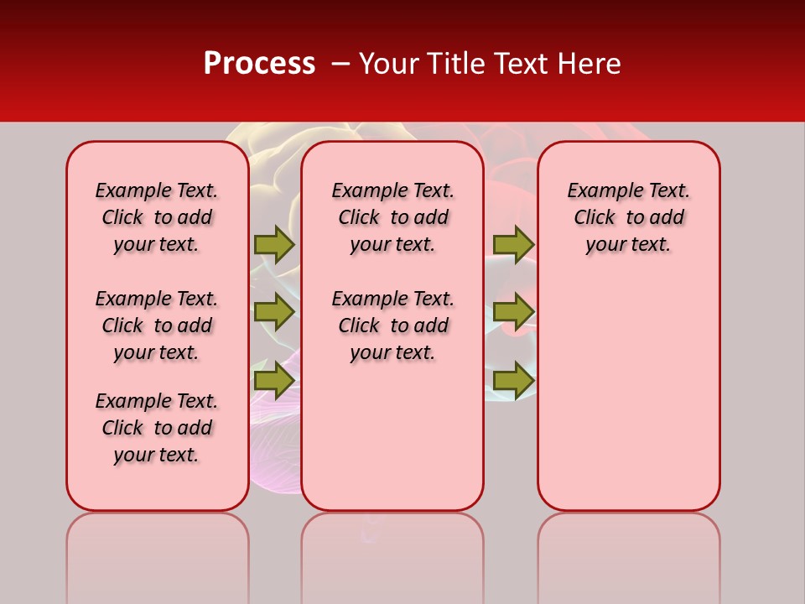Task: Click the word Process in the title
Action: click(259, 64)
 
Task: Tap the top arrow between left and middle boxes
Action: click(273, 244)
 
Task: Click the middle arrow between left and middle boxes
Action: click(273, 312)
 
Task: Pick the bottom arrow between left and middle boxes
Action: click(273, 380)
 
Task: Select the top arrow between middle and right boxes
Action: click(513, 244)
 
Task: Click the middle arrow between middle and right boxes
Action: click(513, 312)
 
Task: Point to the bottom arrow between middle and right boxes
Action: click(513, 380)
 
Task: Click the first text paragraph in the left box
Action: click(157, 217)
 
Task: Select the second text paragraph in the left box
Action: click(157, 325)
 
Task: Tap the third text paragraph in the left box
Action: click(157, 428)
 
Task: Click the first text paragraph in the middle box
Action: click(393, 217)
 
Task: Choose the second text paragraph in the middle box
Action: click(393, 325)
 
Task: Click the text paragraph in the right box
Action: click(629, 217)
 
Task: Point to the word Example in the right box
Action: click(600, 191)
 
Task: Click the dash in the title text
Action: click(339, 64)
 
